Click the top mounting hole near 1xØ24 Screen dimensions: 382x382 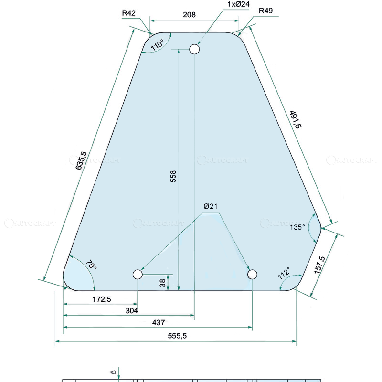pos(194,49)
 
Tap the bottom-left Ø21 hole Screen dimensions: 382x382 pos(138,275)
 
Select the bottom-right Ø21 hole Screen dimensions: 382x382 pos(253,274)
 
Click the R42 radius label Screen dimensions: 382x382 pos(129,13)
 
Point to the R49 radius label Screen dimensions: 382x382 pos(265,11)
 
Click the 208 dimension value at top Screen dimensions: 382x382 pos(190,15)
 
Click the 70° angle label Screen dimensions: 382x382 pos(91,265)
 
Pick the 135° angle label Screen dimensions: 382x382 pos(297,228)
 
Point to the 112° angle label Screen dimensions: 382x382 pos(284,275)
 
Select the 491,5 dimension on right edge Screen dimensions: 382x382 pos(295,120)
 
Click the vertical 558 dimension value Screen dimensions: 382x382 pos(173,177)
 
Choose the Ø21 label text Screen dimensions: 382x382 pos(211,206)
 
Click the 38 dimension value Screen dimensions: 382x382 pos(163,283)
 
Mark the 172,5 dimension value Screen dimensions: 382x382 pos(101,299)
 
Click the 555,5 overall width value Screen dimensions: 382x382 pos(177,336)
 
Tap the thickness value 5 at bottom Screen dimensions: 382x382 pos(113,371)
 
